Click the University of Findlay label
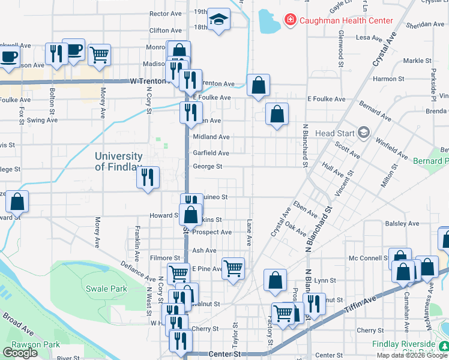click(x=118, y=161)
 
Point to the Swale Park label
click(x=106, y=289)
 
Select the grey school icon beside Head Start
click(x=363, y=132)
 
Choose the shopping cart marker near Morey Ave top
click(x=99, y=55)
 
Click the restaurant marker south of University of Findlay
click(x=148, y=178)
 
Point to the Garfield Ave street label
click(x=211, y=153)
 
